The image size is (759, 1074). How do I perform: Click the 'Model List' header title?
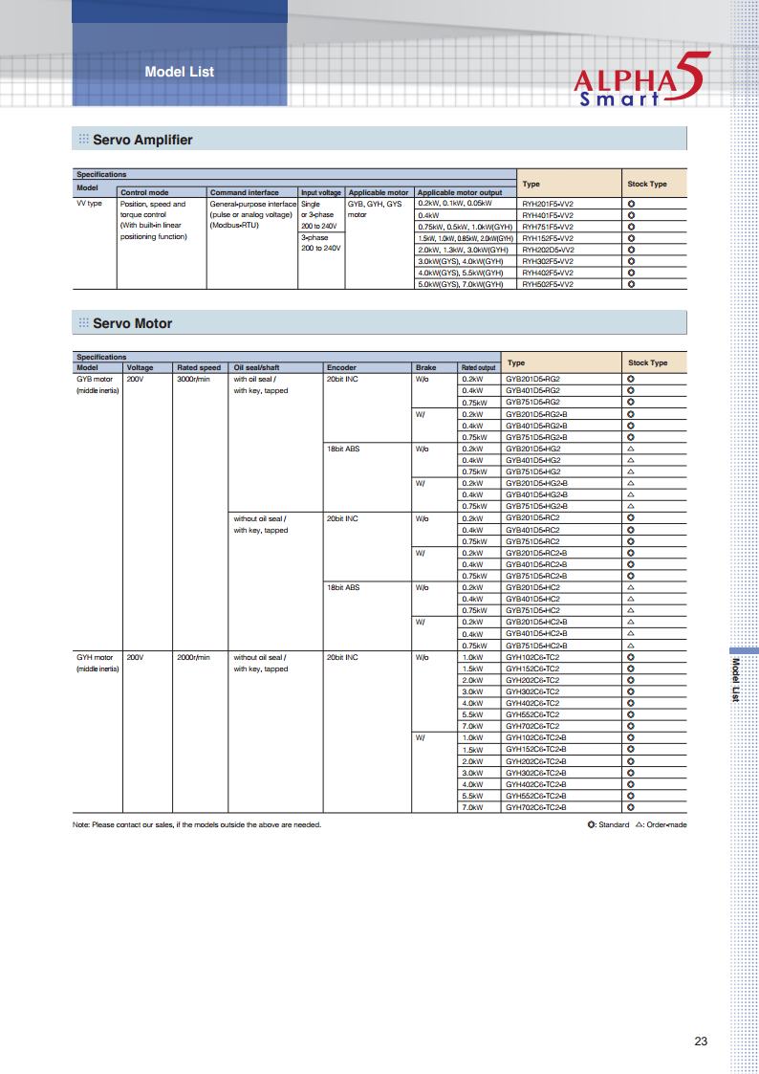pyautogui.click(x=179, y=72)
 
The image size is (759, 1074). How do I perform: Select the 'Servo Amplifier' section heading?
pyautogui.click(x=142, y=140)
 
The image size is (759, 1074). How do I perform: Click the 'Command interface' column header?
pyautogui.click(x=245, y=192)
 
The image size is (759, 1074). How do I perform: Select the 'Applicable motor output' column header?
pyautogui.click(x=460, y=192)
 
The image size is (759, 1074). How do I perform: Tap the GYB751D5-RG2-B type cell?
pyautogui.click(x=536, y=437)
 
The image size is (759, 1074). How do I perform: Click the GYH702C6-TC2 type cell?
pyautogui.click(x=532, y=726)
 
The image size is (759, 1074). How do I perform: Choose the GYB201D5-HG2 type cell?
pyautogui.click(x=532, y=449)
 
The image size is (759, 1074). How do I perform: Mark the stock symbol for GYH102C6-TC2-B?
pyautogui.click(x=631, y=738)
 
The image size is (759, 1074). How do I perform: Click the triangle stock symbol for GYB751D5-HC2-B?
pyautogui.click(x=631, y=646)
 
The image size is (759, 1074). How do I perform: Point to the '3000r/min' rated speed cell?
pyautogui.click(x=193, y=379)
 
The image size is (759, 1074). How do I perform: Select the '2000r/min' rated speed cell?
pyautogui.click(x=193, y=657)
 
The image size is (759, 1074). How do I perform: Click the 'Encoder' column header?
pyautogui.click(x=341, y=367)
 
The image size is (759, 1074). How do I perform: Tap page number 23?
pyautogui.click(x=701, y=1041)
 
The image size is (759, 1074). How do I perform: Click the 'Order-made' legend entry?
pyautogui.click(x=661, y=824)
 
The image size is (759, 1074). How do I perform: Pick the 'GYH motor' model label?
pyautogui.click(x=95, y=657)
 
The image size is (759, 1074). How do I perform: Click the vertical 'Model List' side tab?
pyautogui.click(x=734, y=680)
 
